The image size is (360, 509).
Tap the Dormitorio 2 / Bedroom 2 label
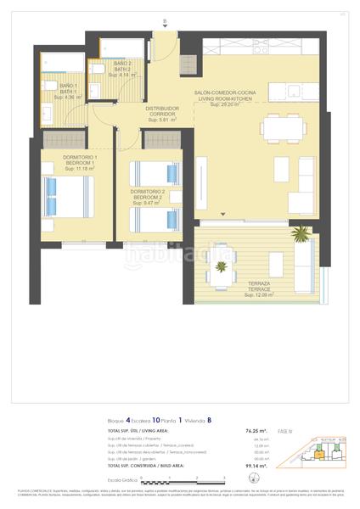click(147, 197)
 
